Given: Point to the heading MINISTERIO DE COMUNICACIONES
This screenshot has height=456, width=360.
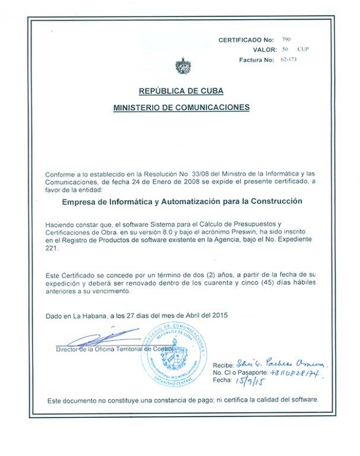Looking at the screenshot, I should coord(181,107).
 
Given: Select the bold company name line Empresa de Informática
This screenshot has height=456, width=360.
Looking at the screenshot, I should coord(182,201).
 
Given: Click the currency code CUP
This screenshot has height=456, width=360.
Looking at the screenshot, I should coord(302,49).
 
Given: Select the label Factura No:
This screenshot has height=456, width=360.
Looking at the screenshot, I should coord(256,60).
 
